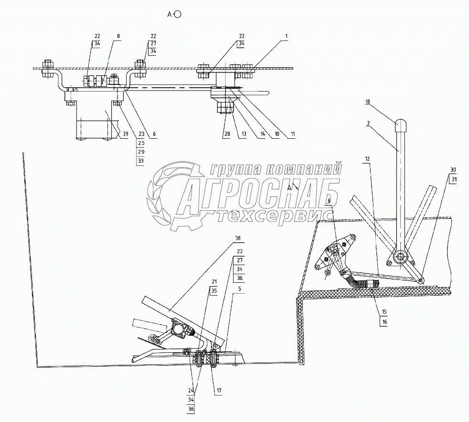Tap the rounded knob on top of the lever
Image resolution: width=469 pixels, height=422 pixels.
click(x=400, y=126)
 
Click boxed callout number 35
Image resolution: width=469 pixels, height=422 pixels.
click(x=214, y=290)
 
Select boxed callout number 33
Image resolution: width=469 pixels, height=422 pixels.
click(x=140, y=161)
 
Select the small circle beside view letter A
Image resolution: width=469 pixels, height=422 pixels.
click(x=178, y=14)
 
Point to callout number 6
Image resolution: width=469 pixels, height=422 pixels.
click(x=154, y=135)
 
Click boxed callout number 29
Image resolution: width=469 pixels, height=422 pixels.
click(x=140, y=152)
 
